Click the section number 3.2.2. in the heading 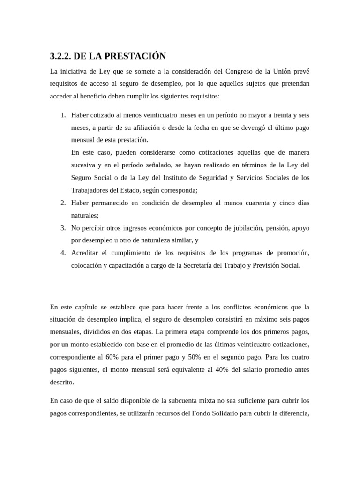60,57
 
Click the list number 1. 63,115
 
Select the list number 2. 63,202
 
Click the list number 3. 63,228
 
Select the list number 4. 63,253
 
